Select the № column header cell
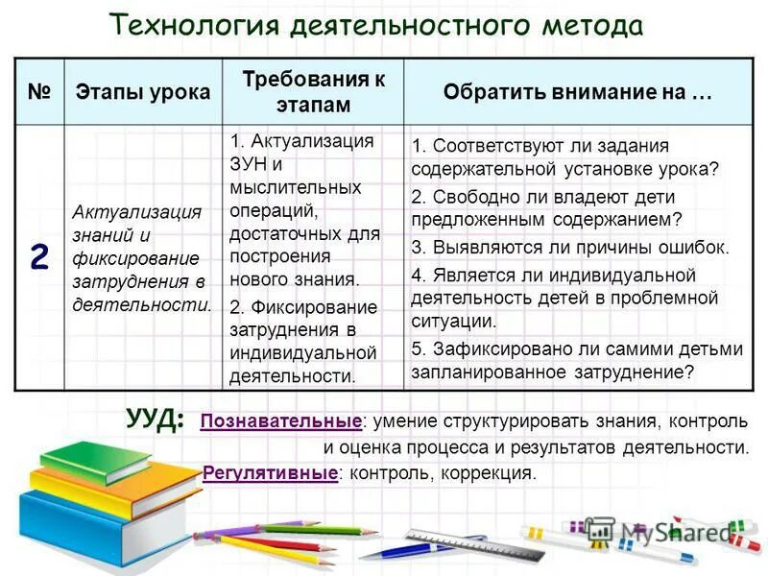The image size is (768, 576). click(x=39, y=92)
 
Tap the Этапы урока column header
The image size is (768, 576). click(x=143, y=92)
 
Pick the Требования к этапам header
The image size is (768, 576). click(x=313, y=91)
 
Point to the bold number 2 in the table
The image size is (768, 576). click(x=38, y=257)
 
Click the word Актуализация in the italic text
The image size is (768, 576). click(x=137, y=212)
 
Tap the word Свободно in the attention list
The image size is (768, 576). click(x=472, y=196)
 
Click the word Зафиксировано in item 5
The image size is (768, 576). click(x=494, y=348)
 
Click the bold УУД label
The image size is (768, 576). click(x=154, y=420)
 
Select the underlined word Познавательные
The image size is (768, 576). click(x=281, y=421)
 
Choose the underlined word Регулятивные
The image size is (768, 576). click(x=270, y=473)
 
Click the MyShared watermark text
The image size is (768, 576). click(x=672, y=531)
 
